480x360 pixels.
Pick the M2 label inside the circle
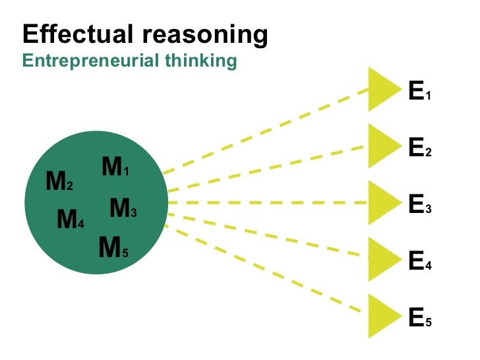59,181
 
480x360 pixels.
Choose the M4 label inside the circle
71,219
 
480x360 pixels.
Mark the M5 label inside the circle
113,248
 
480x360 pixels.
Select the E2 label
419,149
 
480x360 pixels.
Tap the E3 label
419,206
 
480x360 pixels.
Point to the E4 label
419,262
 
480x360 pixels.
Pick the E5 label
419,318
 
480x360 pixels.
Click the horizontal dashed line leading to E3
264,202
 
